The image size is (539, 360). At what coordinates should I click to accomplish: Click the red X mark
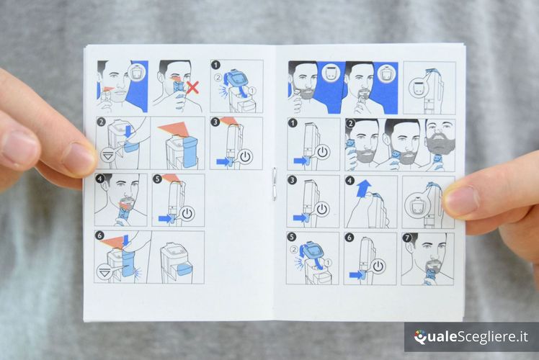click(193, 87)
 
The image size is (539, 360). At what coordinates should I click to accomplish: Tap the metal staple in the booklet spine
click(274, 184)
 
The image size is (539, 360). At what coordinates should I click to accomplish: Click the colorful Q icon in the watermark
click(419, 337)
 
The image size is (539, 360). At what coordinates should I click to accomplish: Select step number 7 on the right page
click(407, 238)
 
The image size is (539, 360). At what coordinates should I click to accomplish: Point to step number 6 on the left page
click(99, 235)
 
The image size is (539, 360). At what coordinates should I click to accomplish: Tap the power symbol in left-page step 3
click(245, 157)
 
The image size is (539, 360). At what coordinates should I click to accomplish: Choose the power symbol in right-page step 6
click(378, 266)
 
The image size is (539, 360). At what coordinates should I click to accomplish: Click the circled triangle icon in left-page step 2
click(108, 156)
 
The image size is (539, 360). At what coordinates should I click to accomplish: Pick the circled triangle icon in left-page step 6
click(104, 272)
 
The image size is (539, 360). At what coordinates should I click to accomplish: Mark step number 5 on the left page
click(157, 179)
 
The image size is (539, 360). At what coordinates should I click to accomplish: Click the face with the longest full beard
click(440, 138)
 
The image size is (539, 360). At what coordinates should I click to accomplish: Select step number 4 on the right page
click(349, 180)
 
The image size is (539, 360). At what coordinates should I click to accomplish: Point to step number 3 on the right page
click(292, 180)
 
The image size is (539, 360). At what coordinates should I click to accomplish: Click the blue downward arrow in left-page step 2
click(128, 131)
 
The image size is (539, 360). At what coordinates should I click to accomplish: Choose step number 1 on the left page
click(215, 65)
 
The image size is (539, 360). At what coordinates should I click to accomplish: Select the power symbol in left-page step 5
click(187, 214)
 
